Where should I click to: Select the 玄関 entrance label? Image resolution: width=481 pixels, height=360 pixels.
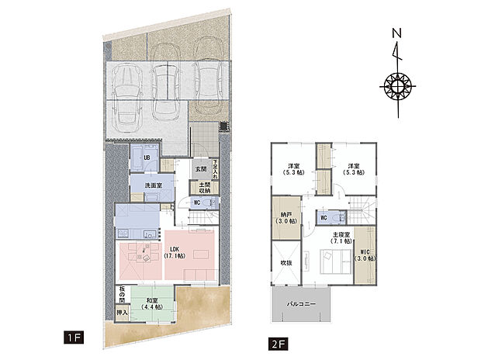click(x=200, y=168)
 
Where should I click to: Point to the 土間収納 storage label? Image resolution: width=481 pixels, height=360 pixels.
click(x=199, y=188)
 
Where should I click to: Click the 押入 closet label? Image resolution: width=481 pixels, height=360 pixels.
click(x=121, y=314)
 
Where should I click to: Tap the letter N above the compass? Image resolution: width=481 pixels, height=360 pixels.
click(x=396, y=33)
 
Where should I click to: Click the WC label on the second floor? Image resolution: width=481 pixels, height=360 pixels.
click(x=324, y=218)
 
